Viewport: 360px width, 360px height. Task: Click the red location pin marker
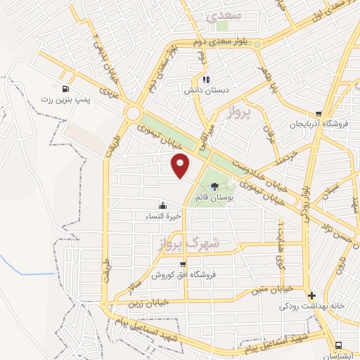tap(181, 165)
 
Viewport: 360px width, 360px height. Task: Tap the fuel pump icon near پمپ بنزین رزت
tap(65, 89)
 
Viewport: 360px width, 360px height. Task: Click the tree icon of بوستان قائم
tap(214, 186)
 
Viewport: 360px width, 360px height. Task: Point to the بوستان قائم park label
tap(216, 198)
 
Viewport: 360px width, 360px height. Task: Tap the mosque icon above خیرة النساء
tap(163, 205)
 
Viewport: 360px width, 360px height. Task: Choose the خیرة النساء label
tap(163, 216)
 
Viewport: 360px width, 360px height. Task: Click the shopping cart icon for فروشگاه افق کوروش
tap(183, 264)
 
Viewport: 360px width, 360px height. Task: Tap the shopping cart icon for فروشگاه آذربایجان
tap(319, 113)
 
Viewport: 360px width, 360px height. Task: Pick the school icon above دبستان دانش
tap(206, 79)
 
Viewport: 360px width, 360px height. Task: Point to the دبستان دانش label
tap(204, 91)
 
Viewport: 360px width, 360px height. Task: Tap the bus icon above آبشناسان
tap(340, 345)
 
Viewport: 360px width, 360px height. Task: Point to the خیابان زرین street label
tap(148, 303)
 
